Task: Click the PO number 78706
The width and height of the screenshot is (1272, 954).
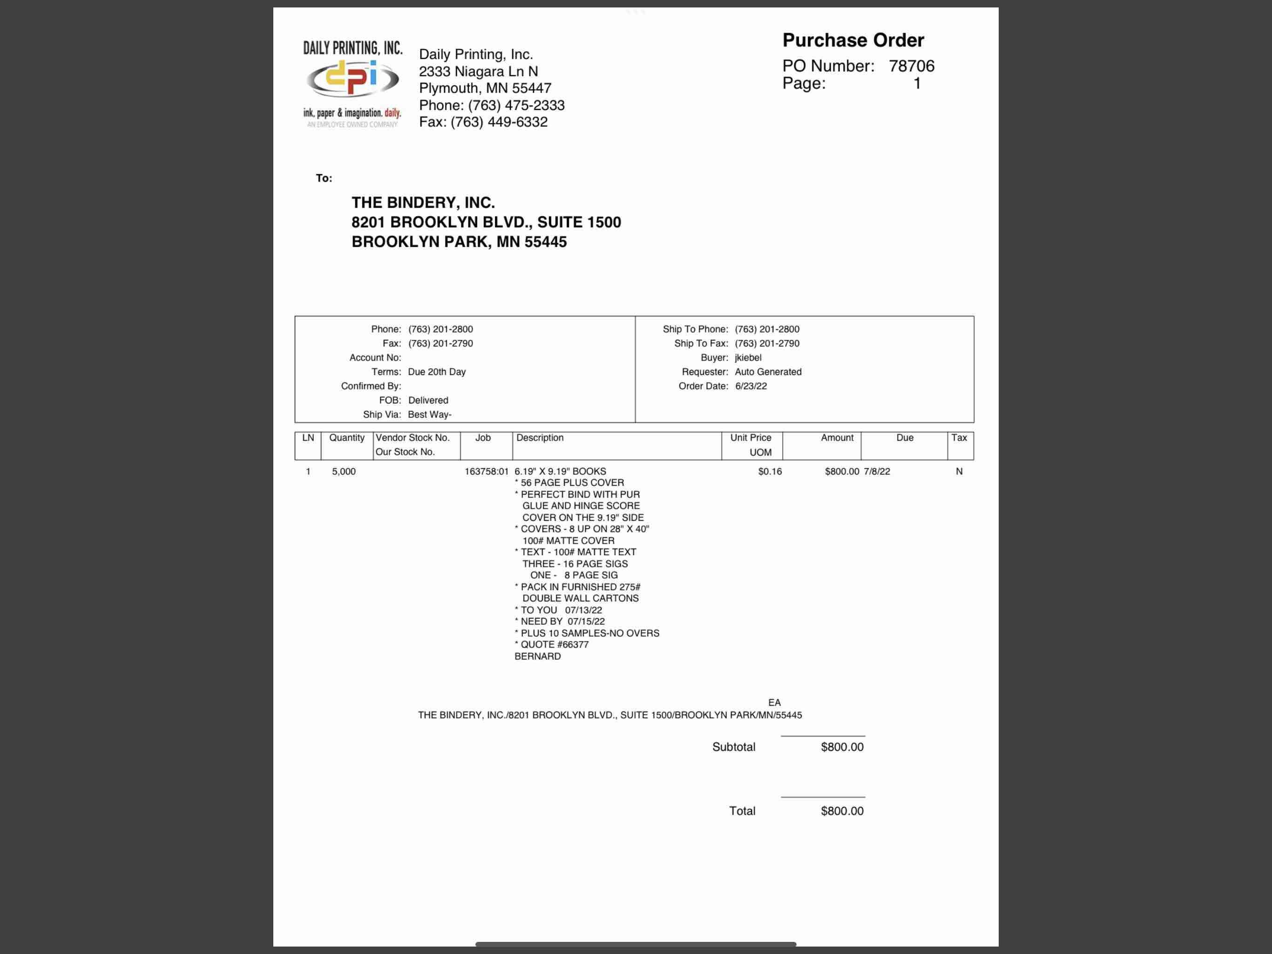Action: coord(912,66)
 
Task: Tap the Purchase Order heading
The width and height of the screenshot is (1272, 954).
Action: coord(853,40)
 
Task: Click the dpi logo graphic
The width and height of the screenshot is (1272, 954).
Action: coord(352,79)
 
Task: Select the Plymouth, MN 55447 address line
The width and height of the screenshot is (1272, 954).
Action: coord(485,88)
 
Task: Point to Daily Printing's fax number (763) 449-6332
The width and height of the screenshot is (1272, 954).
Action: coord(499,122)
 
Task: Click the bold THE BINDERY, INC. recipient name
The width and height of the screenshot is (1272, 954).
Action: coord(423,203)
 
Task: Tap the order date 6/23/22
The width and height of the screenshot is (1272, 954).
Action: coord(751,386)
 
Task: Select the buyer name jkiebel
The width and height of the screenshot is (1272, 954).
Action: coord(748,357)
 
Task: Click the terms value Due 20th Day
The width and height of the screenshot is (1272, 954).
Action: coord(436,372)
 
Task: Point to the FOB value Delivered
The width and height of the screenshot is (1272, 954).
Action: coord(428,400)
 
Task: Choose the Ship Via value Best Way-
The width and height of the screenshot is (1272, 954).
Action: coord(429,414)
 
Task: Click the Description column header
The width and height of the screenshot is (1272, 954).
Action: coord(540,438)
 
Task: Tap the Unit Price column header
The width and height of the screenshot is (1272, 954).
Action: coord(751,438)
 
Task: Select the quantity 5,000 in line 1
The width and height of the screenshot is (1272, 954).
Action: coord(343,471)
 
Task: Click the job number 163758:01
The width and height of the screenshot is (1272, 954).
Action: coord(487,471)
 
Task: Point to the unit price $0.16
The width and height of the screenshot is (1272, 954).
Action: coord(770,471)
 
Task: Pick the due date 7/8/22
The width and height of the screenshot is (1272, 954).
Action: coord(876,471)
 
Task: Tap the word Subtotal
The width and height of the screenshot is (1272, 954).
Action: coord(733,747)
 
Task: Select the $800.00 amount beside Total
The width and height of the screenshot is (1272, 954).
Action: coord(842,811)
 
